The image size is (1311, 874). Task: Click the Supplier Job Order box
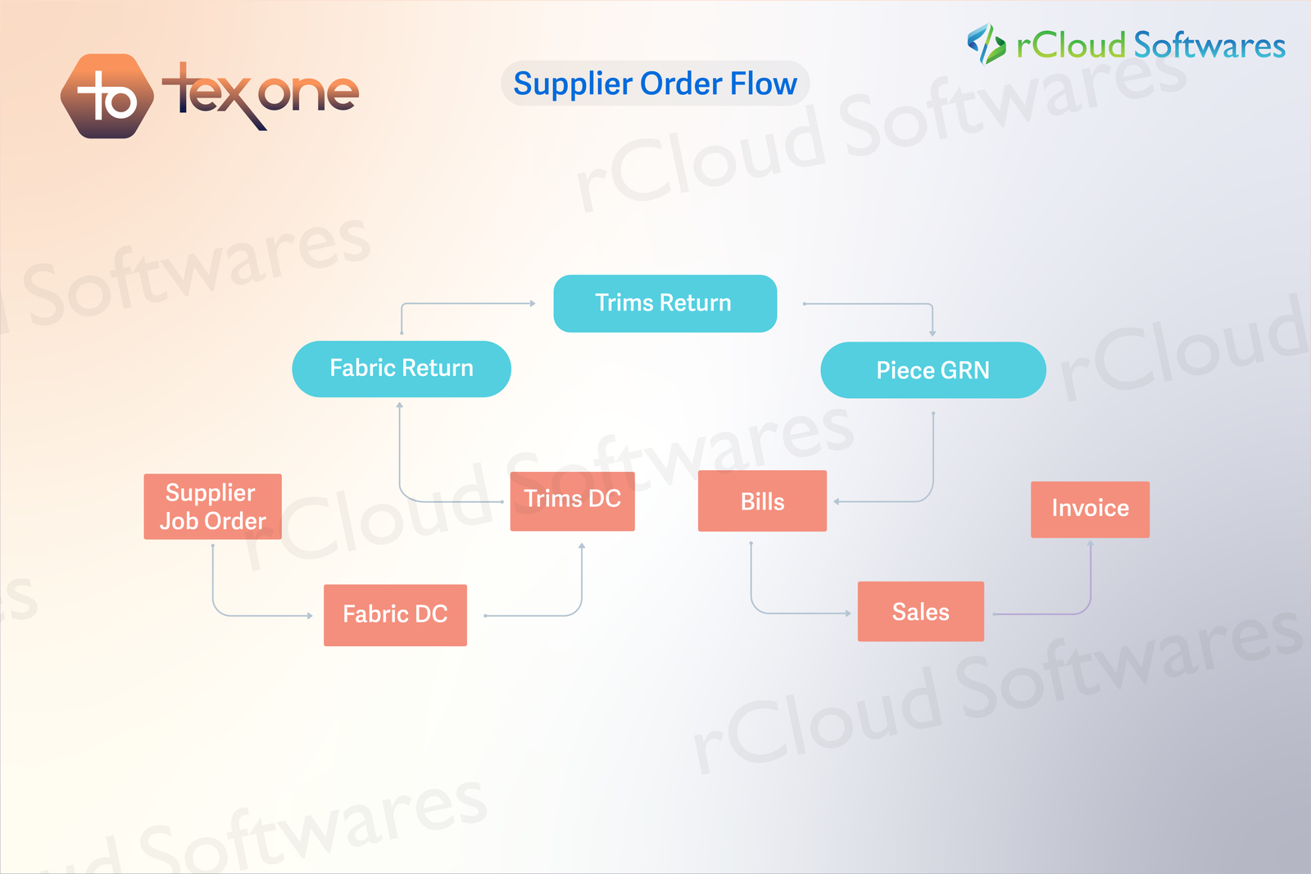(x=212, y=506)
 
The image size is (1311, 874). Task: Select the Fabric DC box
(x=395, y=614)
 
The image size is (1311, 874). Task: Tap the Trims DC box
(x=572, y=500)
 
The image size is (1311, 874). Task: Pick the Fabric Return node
(x=401, y=369)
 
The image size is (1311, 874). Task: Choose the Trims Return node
(x=665, y=303)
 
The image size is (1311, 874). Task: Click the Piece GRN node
(x=932, y=370)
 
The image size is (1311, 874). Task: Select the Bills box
(x=762, y=501)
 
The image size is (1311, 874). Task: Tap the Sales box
(x=920, y=612)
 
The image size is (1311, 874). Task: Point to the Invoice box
(x=1090, y=509)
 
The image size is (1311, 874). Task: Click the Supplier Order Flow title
(x=655, y=84)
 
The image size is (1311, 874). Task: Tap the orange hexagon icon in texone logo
(x=107, y=97)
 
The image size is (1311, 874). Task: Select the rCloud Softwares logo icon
(x=987, y=44)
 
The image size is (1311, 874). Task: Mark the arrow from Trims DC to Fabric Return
(x=401, y=475)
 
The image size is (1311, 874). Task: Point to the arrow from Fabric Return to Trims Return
(x=459, y=304)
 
